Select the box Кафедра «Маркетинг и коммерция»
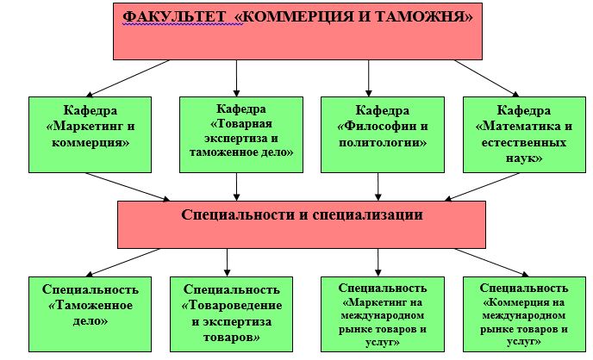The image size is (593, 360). point(90,135)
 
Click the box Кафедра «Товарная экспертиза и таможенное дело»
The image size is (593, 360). point(241,135)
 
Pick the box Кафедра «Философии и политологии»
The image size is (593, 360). point(383,135)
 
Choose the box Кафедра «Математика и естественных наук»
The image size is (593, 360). point(524,135)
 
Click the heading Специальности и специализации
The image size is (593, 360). point(302,214)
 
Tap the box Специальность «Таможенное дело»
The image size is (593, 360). point(90,314)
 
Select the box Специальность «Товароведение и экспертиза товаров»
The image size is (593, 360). point(232,314)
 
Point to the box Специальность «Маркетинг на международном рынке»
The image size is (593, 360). point(383,314)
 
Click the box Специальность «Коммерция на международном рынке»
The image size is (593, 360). point(524,314)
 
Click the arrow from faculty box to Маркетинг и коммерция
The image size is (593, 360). point(128,78)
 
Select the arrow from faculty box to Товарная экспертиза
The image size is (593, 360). point(236,78)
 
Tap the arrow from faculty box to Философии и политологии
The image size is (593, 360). point(368,78)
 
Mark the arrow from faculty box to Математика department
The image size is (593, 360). point(487,78)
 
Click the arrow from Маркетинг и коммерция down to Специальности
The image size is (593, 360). point(128,187)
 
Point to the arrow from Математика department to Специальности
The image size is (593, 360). point(482,187)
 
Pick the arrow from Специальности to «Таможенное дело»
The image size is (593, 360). point(123,263)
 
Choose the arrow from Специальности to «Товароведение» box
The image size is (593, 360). point(227,263)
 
